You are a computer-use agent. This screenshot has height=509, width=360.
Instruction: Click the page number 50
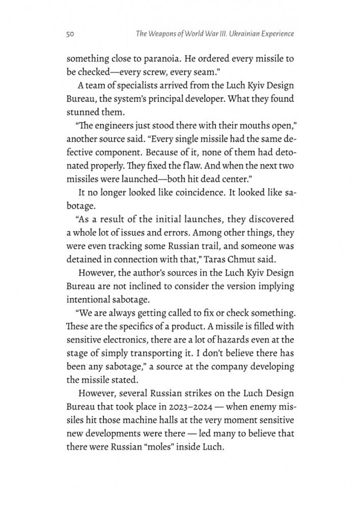[x=71, y=35]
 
